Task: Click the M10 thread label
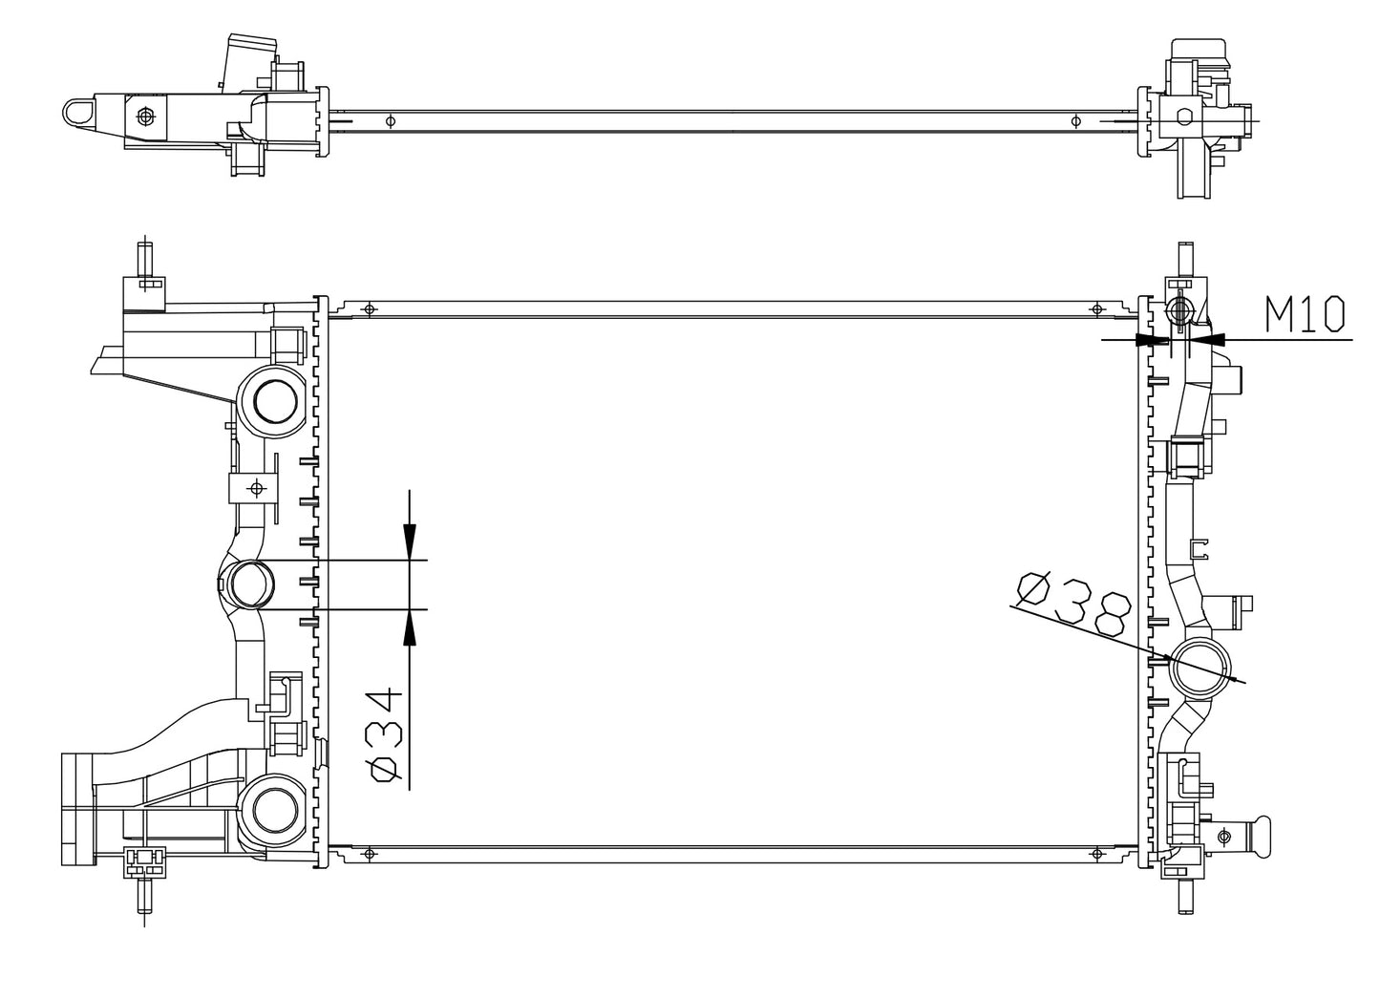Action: click(x=1306, y=313)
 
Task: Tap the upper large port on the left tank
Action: click(x=271, y=400)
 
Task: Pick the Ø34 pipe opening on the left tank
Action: click(x=247, y=584)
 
